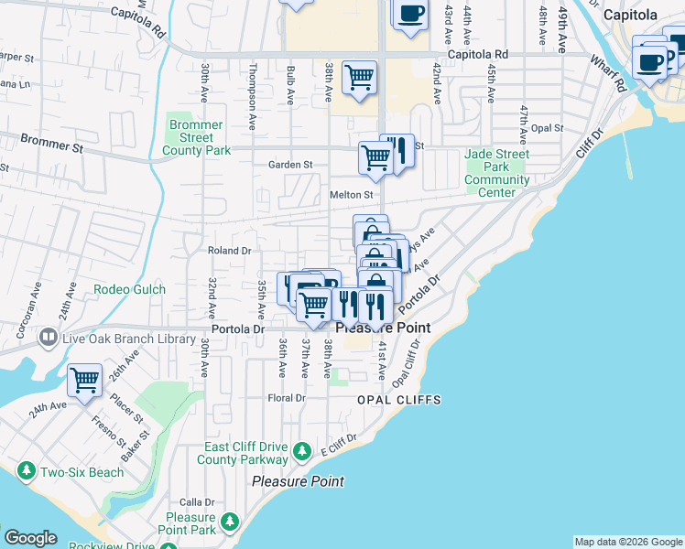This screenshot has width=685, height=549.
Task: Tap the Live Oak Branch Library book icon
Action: [x=46, y=338]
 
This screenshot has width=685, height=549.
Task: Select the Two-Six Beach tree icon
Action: [x=27, y=472]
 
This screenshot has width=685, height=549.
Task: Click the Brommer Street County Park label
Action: [x=196, y=137]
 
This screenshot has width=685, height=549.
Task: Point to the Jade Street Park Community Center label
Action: [x=496, y=167]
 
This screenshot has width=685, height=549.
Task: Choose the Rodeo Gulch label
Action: [x=129, y=290]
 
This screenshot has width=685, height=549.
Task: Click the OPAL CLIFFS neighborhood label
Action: [x=399, y=400]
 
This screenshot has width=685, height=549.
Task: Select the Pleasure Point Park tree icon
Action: [x=230, y=522]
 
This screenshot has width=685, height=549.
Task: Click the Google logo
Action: [x=30, y=538]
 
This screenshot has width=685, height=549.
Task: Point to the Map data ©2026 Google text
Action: [x=627, y=542]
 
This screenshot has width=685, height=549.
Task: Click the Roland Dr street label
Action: [x=229, y=250]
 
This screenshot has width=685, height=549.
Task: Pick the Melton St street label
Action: [x=352, y=195]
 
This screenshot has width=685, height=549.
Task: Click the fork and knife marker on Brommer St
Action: [x=397, y=149]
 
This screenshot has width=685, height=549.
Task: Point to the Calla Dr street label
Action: [x=197, y=502]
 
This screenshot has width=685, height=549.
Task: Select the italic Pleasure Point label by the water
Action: [x=298, y=481]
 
